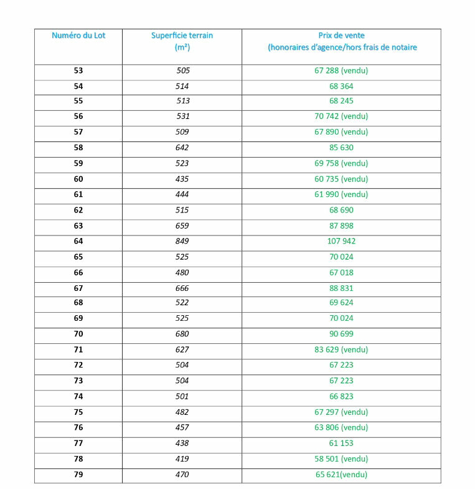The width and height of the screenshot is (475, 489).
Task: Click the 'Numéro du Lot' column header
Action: pyautogui.click(x=78, y=36)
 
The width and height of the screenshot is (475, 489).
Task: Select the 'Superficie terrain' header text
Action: pyautogui.click(x=182, y=36)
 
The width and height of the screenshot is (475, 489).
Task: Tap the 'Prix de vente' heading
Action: pyautogui.click(x=341, y=36)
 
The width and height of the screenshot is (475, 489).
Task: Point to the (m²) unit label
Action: pyautogui.click(x=182, y=47)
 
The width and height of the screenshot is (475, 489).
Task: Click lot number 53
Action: pyautogui.click(x=78, y=70)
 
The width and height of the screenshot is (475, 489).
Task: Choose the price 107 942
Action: pyautogui.click(x=341, y=241)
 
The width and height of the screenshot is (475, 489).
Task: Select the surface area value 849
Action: pyautogui.click(x=182, y=241)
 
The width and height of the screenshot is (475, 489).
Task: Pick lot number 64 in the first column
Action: pyautogui.click(x=78, y=241)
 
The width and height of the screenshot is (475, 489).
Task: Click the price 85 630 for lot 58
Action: pyautogui.click(x=341, y=148)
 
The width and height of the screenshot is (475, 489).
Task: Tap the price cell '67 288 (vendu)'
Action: pyautogui.click(x=341, y=70)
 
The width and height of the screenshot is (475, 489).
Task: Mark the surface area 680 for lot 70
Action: pyautogui.click(x=182, y=334)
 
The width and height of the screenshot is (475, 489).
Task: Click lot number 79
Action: pyautogui.click(x=78, y=475)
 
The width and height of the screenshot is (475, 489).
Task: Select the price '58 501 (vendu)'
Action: pyautogui.click(x=341, y=459)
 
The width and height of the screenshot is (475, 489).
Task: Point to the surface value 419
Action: pyautogui.click(x=182, y=459)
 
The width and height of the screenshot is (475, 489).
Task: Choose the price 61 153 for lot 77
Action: pyautogui.click(x=341, y=443)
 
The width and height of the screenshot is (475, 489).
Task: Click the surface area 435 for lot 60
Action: pyautogui.click(x=182, y=179)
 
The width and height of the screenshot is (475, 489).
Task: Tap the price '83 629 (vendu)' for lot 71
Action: pyautogui.click(x=341, y=349)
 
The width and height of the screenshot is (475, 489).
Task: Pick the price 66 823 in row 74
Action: pyautogui.click(x=341, y=396)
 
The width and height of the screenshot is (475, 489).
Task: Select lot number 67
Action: pyautogui.click(x=78, y=288)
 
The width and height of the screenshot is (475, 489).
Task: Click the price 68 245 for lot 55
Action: pyautogui.click(x=341, y=101)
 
